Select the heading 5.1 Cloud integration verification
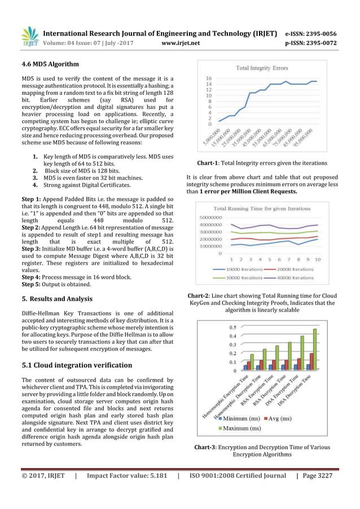point(77,365)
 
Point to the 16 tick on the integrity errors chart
point(209,78)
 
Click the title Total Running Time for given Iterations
point(263,208)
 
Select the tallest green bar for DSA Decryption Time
point(315,349)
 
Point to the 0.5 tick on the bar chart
point(232,327)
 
